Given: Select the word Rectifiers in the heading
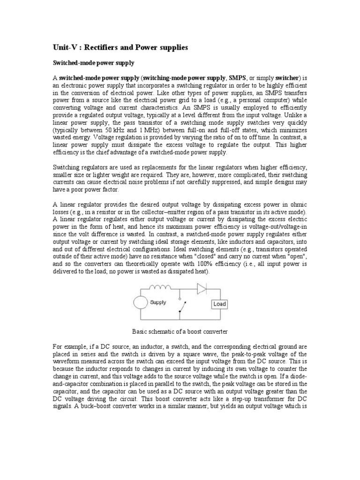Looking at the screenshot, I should coord(100,47).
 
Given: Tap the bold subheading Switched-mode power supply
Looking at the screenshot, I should coord(90,62).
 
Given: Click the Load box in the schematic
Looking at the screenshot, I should coord(219,304).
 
